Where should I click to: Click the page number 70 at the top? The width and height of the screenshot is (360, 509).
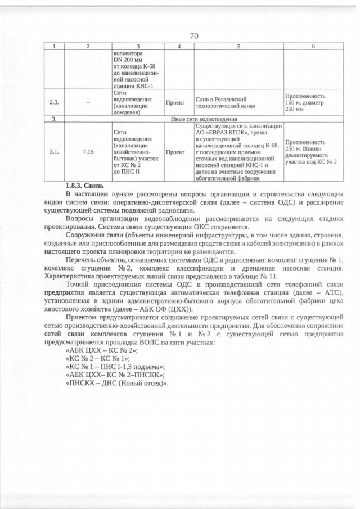click(x=194, y=36)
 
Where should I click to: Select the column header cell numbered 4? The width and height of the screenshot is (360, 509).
click(x=178, y=47)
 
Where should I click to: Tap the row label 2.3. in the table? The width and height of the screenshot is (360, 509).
click(x=54, y=103)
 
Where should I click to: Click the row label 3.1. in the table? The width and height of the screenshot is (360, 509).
click(x=54, y=152)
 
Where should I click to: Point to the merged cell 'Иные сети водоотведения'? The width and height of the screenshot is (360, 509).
click(x=201, y=119)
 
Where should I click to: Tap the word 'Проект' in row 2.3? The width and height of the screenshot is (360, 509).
click(x=178, y=103)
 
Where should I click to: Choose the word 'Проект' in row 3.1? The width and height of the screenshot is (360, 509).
click(x=178, y=152)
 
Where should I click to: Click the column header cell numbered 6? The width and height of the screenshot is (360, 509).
click(x=312, y=47)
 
